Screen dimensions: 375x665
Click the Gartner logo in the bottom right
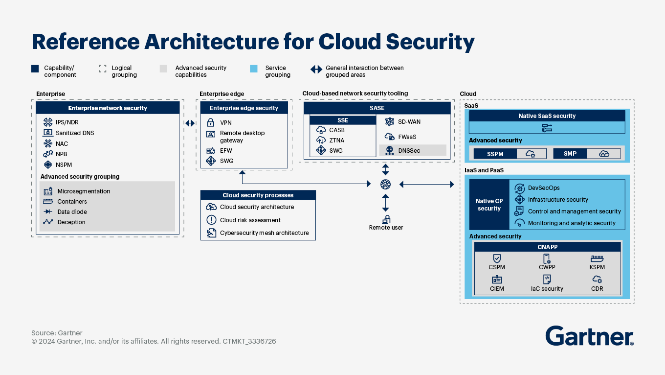pyautogui.click(x=589, y=336)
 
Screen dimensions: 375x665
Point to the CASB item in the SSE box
pyautogui.click(x=336, y=130)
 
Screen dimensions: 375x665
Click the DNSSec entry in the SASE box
pyautogui.click(x=409, y=151)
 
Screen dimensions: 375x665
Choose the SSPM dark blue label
pyautogui.click(x=495, y=154)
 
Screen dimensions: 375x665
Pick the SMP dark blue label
pyautogui.click(x=570, y=154)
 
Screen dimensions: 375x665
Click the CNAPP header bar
pyautogui.click(x=547, y=247)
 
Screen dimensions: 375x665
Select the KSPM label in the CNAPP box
pyautogui.click(x=597, y=267)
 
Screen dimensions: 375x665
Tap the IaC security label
pyautogui.click(x=547, y=289)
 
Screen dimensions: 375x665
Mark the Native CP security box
pyautogui.click(x=489, y=205)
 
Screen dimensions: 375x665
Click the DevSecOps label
pyautogui.click(x=544, y=188)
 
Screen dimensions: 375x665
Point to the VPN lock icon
pyautogui.click(x=211, y=122)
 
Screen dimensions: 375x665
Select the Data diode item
pyautogui.click(x=71, y=212)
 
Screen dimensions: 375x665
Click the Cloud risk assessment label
pyautogui.click(x=250, y=220)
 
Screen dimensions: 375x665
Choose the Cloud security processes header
pyautogui.click(x=258, y=195)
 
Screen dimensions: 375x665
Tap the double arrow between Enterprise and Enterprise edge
pyautogui.click(x=190, y=123)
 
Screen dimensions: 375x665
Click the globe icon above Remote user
pyautogui.click(x=385, y=184)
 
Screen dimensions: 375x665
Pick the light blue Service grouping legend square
pyautogui.click(x=253, y=69)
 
